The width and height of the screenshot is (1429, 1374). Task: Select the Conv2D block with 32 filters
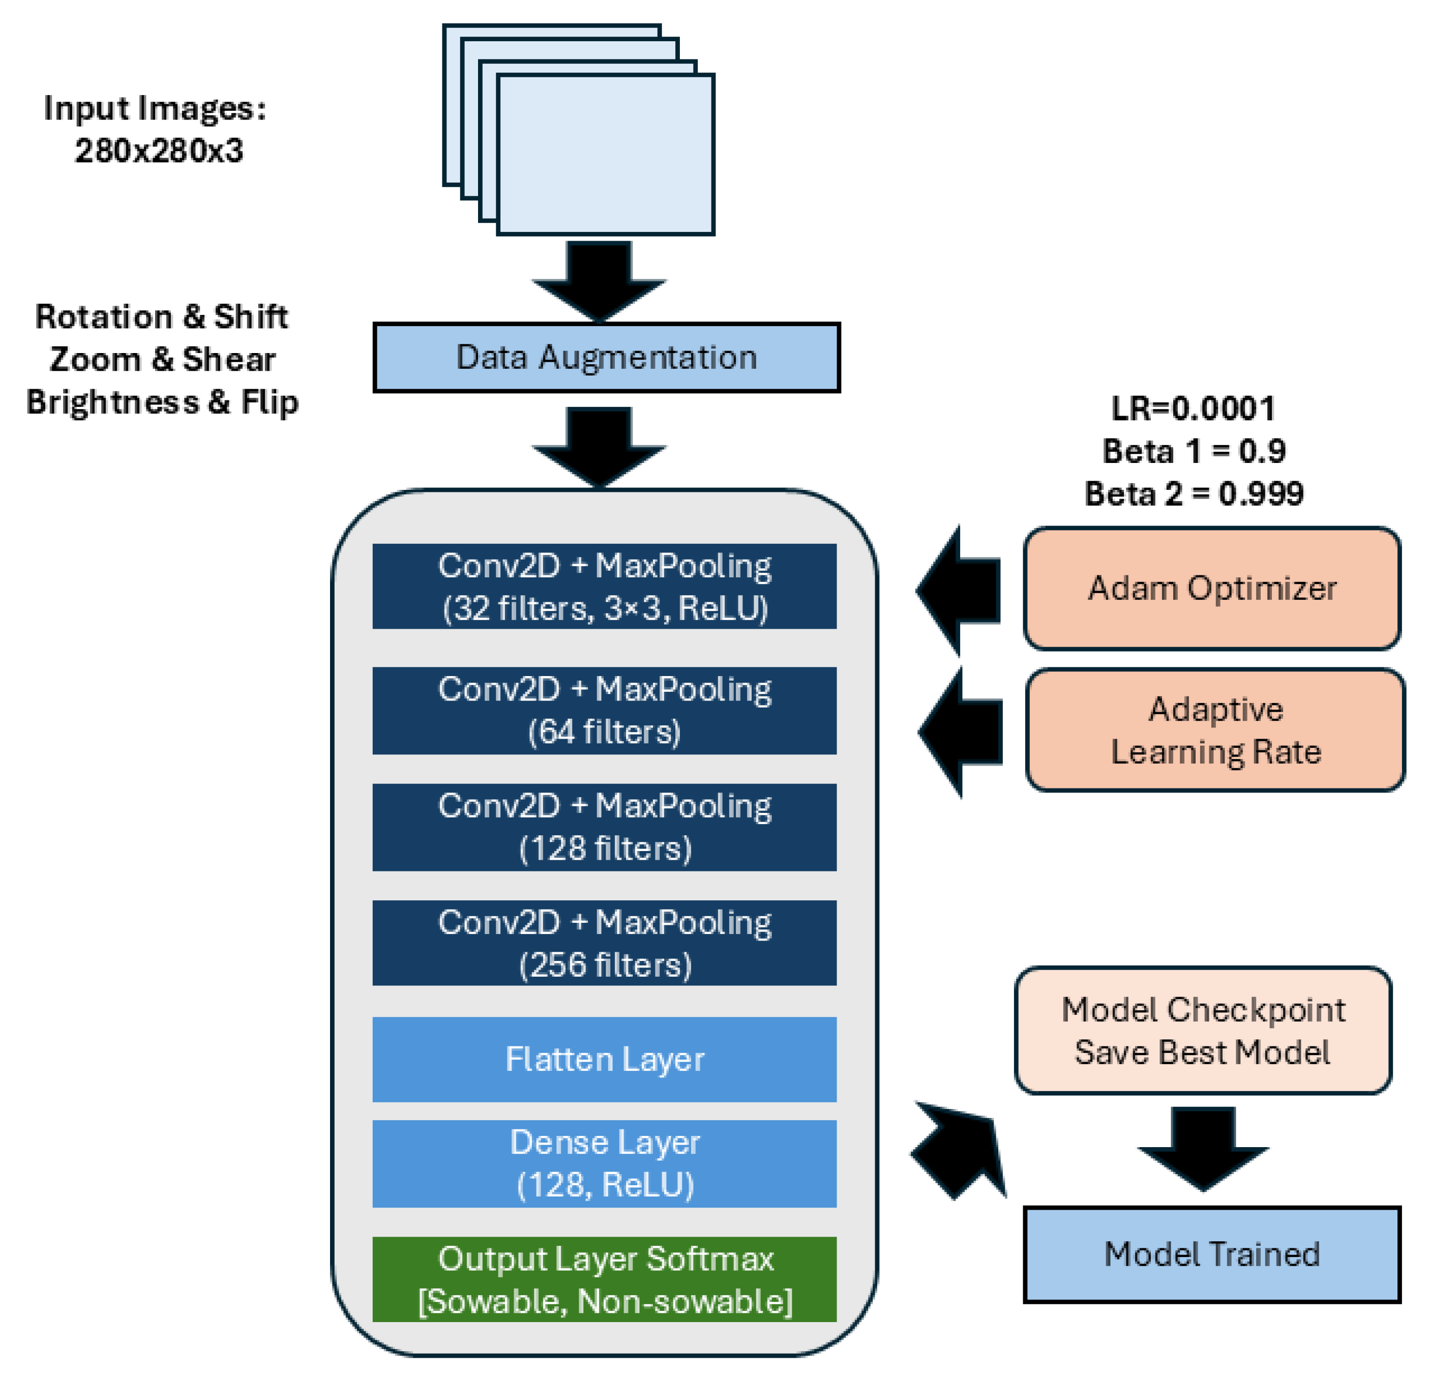(x=605, y=587)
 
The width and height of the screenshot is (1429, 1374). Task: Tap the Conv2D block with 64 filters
(x=605, y=710)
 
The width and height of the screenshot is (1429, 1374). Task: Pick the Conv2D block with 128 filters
(x=605, y=827)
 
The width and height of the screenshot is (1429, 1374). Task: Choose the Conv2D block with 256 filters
(x=605, y=943)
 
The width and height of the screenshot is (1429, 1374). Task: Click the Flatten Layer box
(x=605, y=1059)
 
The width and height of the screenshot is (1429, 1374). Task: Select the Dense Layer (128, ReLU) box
(x=605, y=1163)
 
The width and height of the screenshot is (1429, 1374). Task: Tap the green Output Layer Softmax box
(x=605, y=1279)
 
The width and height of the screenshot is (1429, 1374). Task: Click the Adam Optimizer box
(x=1212, y=588)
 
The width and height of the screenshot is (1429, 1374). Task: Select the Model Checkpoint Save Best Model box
(x=1203, y=1031)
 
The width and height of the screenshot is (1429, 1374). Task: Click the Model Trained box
(x=1212, y=1254)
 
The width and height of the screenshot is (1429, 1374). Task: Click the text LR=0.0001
(x=1194, y=408)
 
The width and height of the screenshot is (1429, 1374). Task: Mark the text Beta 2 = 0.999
(x=1194, y=494)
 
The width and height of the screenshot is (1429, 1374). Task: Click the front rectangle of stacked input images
(x=605, y=155)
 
